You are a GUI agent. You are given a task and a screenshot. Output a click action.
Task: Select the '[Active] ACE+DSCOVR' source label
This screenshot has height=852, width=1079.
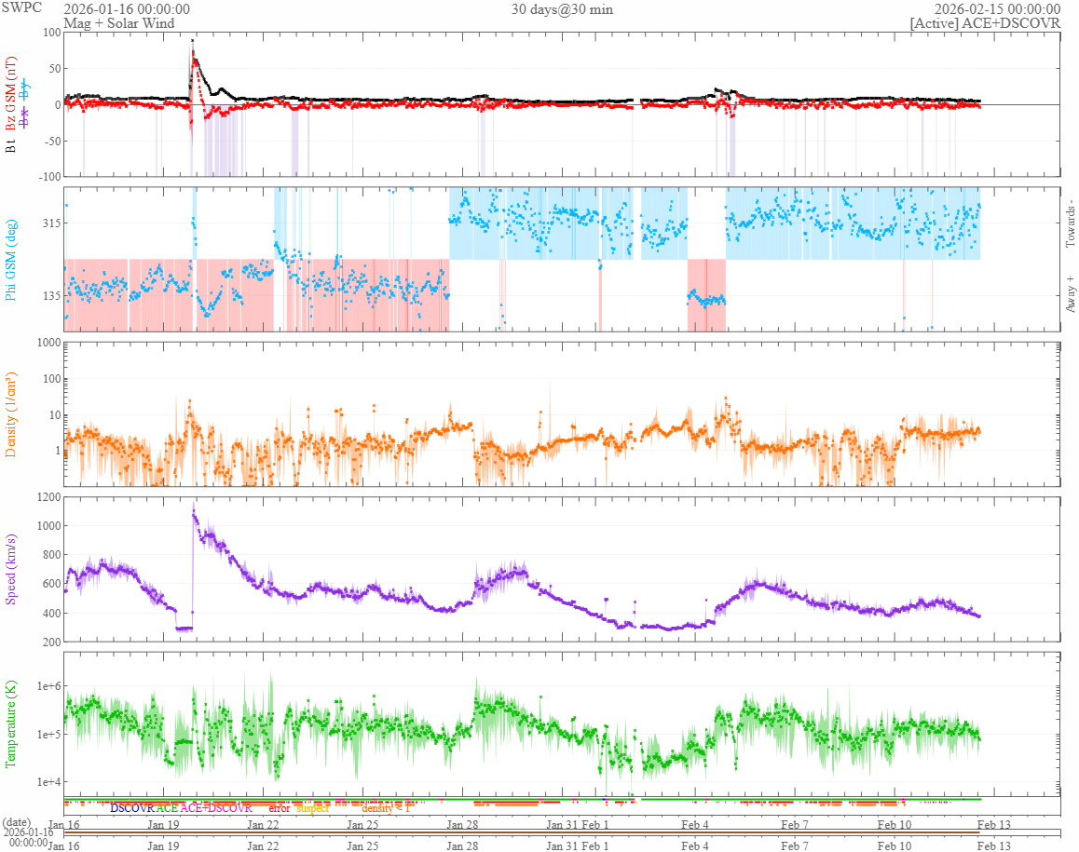point(985,23)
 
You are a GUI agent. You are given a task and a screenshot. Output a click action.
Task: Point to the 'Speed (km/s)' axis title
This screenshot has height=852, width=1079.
point(12,570)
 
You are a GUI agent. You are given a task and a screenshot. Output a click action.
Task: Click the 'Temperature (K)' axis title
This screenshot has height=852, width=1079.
point(12,724)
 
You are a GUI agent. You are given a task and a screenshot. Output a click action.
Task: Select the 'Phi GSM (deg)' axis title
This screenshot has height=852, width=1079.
point(12,259)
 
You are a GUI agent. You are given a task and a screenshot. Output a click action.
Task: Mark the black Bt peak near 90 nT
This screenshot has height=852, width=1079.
point(193,40)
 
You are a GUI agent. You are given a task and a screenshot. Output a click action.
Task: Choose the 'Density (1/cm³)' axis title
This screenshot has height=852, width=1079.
point(12,414)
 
